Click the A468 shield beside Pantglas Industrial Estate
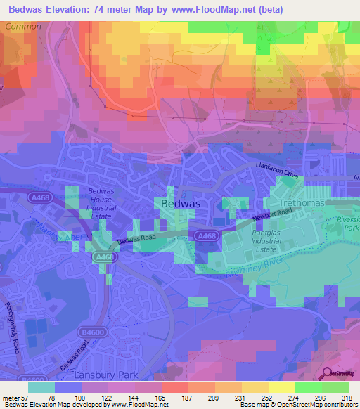tap(207, 237)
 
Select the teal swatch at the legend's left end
tap(41, 387)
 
